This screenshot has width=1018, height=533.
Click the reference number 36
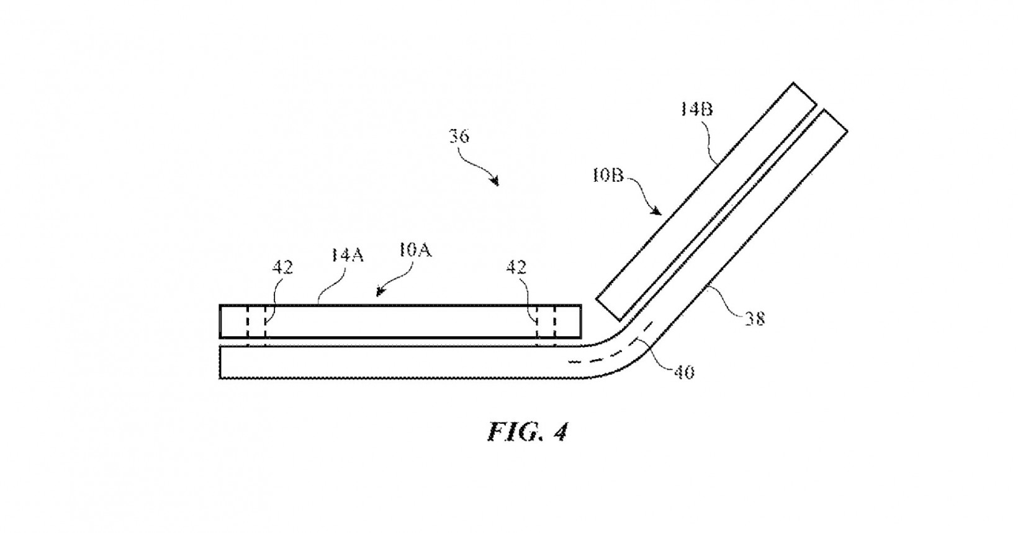[459, 136]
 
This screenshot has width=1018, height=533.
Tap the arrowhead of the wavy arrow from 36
[496, 182]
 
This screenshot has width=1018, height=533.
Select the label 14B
[696, 110]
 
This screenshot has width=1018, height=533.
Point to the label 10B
[607, 176]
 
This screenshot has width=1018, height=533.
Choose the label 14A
[347, 254]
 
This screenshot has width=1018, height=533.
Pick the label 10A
[415, 251]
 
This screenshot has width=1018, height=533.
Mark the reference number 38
[754, 319]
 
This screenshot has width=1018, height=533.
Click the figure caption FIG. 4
[527, 431]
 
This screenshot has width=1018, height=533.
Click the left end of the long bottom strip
[222, 362]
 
